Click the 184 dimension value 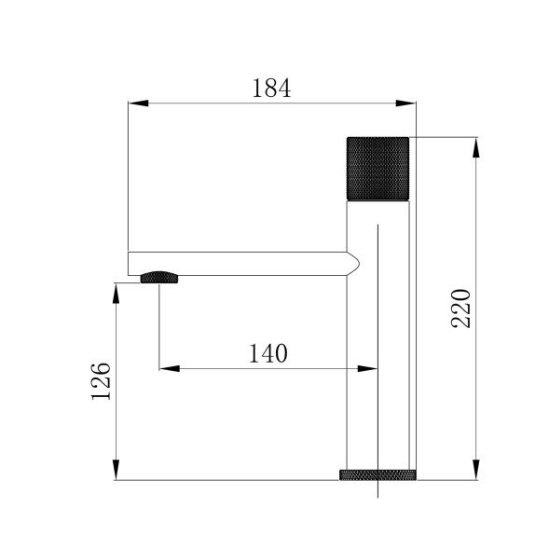271,89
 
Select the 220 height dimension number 461,308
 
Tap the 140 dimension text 268,353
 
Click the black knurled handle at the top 377,168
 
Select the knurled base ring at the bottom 377,474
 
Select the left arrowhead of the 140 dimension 167,368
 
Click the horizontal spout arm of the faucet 242,263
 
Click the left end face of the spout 129,263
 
